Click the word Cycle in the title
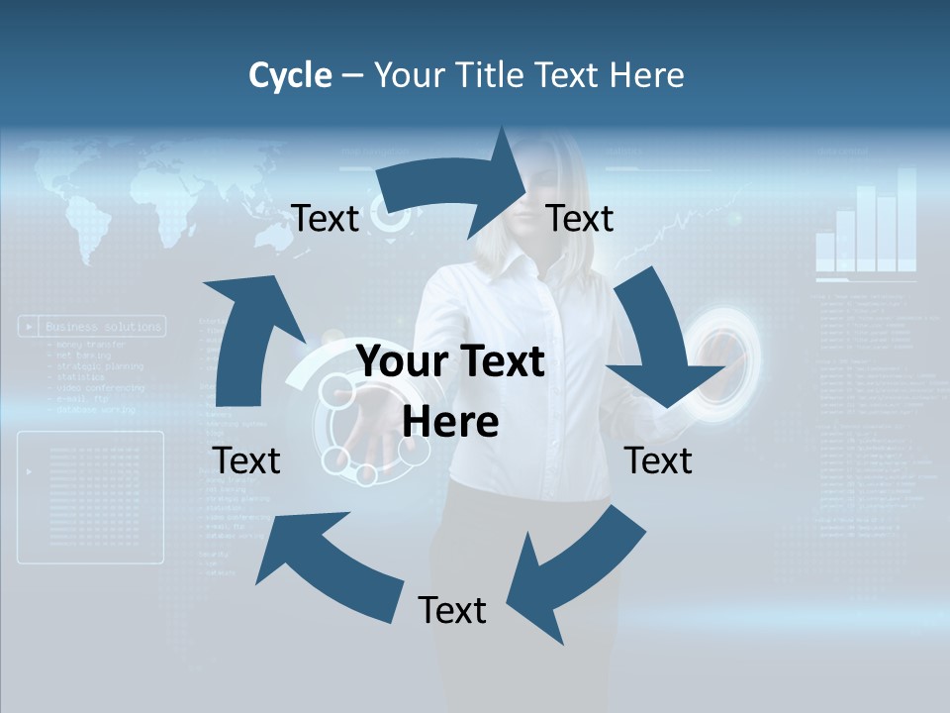290,75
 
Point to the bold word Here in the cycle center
450,422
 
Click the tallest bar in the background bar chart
906,219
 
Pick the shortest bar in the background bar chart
825,253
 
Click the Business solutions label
103,327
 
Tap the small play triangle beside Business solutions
32,327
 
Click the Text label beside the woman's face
580,219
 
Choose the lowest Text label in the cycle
452,610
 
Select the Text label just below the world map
326,219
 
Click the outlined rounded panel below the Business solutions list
91,497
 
